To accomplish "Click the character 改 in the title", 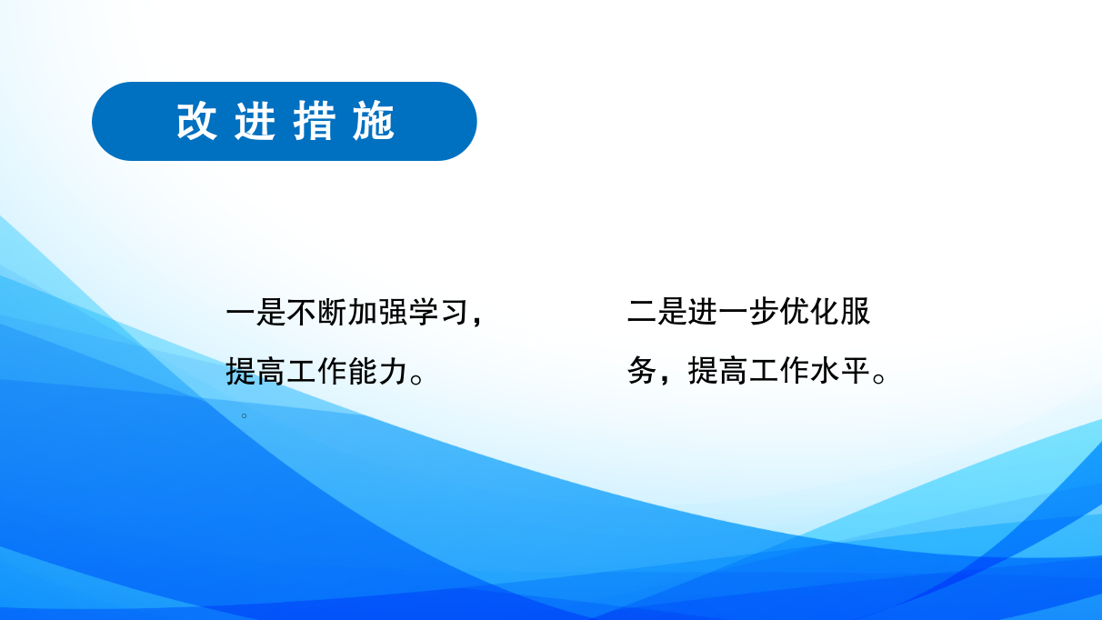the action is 196,121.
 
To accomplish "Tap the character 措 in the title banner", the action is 315,121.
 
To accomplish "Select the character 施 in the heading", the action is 374,121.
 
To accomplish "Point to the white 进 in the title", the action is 255,121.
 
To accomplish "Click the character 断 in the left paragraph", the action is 332,312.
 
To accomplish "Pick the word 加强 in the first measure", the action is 377,312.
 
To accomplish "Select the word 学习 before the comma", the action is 438,312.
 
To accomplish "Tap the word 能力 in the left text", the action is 377,371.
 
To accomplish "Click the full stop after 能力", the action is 416,379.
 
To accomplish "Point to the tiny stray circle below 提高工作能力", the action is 244,415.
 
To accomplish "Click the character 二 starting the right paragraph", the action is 642,312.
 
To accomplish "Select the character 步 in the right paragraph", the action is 764,312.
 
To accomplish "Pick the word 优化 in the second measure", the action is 809,312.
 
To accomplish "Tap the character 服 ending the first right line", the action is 855,312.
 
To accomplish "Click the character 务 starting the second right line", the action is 642,371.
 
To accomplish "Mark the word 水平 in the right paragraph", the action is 840,371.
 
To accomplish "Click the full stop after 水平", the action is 879,379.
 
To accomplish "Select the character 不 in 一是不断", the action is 302,312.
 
